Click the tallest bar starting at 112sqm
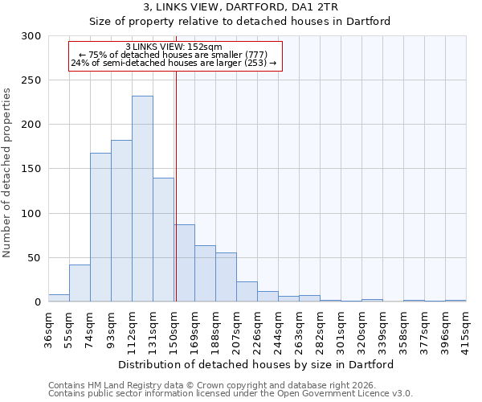coord(142,199)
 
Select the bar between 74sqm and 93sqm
coord(100,227)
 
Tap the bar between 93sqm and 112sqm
coord(121,221)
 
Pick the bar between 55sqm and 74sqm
coord(80,283)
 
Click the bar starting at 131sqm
coord(163,240)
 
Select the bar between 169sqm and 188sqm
coord(205,273)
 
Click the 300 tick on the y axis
coord(32,36)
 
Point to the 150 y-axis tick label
coord(32,169)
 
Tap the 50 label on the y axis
coord(35,258)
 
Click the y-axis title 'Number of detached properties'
coord(7,173)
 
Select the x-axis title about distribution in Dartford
coord(255,364)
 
